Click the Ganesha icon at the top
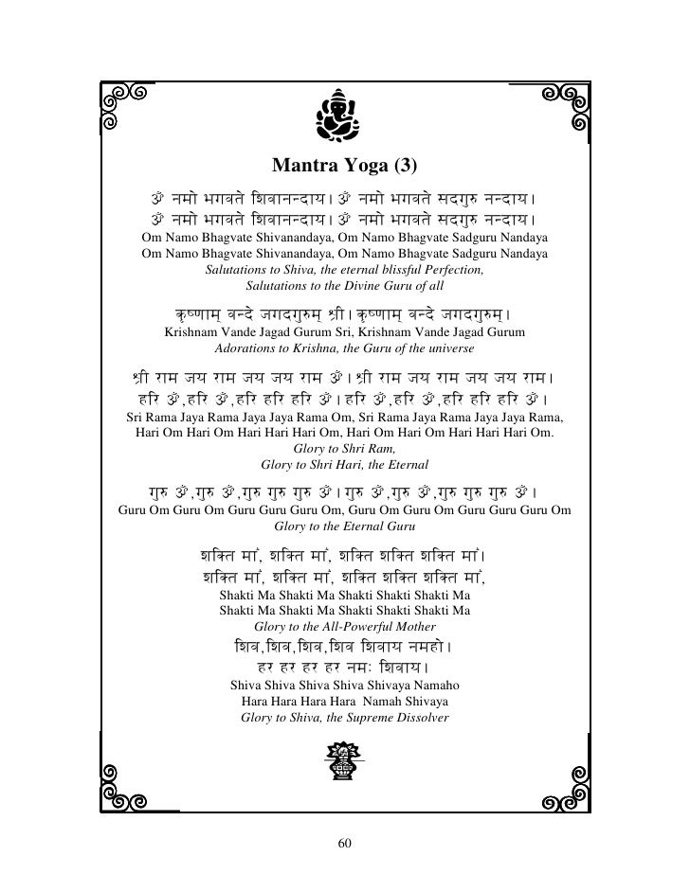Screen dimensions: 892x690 (344, 114)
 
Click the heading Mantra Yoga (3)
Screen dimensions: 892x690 (344, 168)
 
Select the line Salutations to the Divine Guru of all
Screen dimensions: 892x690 (344, 285)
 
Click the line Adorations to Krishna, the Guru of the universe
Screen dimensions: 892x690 (344, 349)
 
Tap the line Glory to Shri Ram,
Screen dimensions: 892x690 (344, 449)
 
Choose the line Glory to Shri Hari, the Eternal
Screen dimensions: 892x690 (344, 465)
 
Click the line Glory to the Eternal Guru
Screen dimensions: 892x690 (344, 526)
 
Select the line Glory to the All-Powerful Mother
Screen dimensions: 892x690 (344, 627)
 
